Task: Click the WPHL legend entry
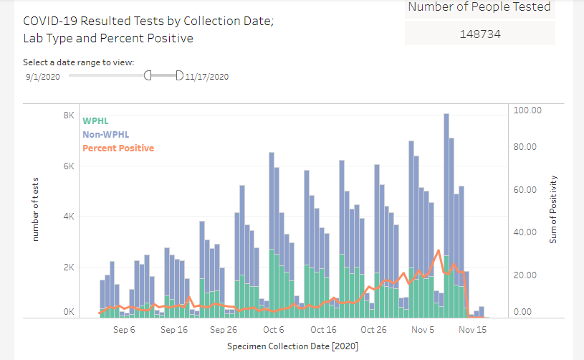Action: [95, 120]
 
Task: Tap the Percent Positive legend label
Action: [118, 148]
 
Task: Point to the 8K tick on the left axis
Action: [70, 115]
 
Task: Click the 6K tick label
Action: [70, 166]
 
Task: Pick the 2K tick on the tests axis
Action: [70, 267]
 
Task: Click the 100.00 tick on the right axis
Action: [527, 110]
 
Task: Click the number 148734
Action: [480, 33]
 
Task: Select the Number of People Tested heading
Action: [479, 7]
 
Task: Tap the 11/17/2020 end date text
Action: [206, 77]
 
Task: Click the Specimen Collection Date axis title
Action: [292, 346]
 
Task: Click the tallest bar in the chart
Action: [446, 215]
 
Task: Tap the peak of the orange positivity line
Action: [439, 250]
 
